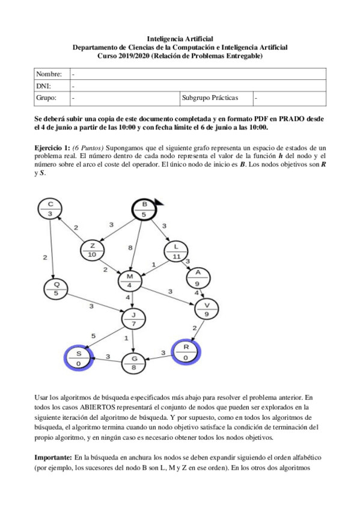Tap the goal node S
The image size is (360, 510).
coord(78,358)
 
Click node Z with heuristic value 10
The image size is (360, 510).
coord(92,250)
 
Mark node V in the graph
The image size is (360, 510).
coord(207,309)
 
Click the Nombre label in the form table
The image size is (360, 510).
coord(49,74)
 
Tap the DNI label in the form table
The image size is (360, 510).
coord(44,85)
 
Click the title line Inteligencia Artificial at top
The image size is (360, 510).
coord(180,38)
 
